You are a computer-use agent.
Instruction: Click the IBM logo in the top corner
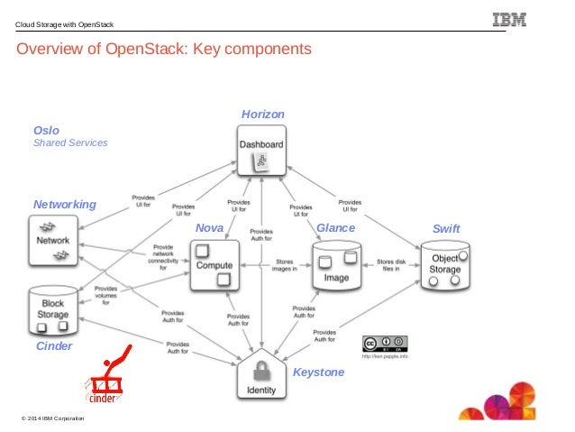(510, 20)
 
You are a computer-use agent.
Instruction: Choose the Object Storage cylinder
(445, 264)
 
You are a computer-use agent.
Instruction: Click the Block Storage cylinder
(53, 309)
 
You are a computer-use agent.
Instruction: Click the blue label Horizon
(262, 115)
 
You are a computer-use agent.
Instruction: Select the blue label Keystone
(318, 372)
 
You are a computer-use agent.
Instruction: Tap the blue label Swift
(446, 229)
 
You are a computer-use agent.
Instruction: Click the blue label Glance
(335, 229)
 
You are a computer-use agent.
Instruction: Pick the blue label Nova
(208, 229)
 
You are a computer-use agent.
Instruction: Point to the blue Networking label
(64, 205)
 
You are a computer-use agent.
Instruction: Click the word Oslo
(46, 130)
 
